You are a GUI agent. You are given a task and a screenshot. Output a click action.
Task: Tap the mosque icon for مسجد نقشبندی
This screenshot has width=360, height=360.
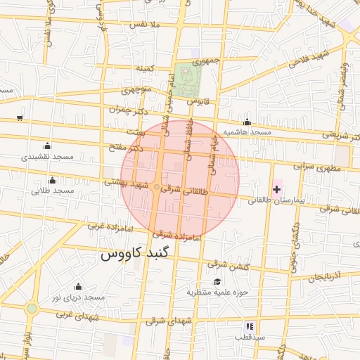(x=47, y=146)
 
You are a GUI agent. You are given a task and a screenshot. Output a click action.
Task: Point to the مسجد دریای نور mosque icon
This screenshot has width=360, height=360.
(x=77, y=286)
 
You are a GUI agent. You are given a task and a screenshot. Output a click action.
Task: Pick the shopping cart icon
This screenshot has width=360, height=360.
(x=20, y=117)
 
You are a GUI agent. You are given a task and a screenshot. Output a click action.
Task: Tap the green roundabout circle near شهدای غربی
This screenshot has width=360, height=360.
(x=32, y=308)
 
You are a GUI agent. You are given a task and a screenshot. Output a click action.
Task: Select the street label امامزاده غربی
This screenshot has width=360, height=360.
(x=109, y=226)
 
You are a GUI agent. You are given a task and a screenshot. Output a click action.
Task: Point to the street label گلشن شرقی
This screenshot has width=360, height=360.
(x=227, y=264)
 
